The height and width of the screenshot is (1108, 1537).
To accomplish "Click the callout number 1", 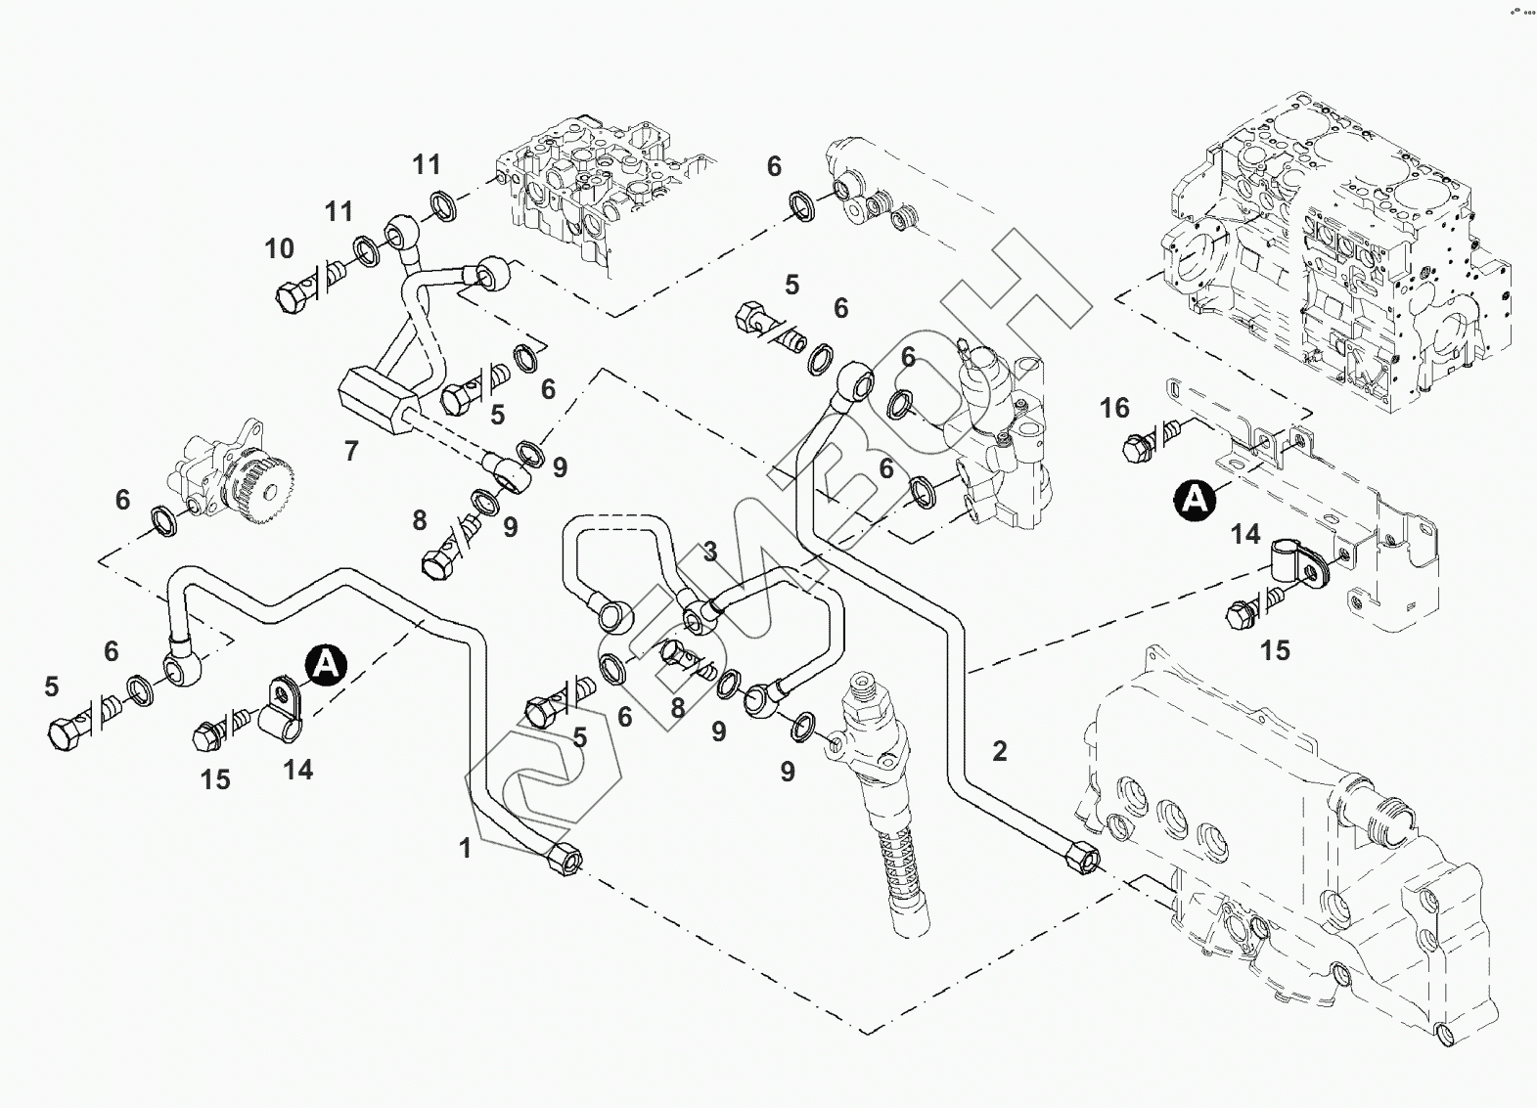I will click(x=466, y=848).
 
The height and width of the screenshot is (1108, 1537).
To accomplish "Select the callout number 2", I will click(x=999, y=751).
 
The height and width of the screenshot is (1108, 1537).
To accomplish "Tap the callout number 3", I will click(x=710, y=552).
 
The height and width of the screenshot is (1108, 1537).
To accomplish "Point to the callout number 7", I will click(x=351, y=451).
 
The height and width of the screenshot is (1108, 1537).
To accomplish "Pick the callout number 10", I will click(x=279, y=248).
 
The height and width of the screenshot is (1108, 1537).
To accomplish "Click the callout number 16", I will click(x=1114, y=408).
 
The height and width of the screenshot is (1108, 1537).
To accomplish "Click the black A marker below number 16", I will click(x=1195, y=499).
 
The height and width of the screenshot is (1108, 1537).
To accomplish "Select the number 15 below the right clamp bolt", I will click(x=1275, y=650).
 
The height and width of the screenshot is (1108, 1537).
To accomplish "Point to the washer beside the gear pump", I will click(x=164, y=520).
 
